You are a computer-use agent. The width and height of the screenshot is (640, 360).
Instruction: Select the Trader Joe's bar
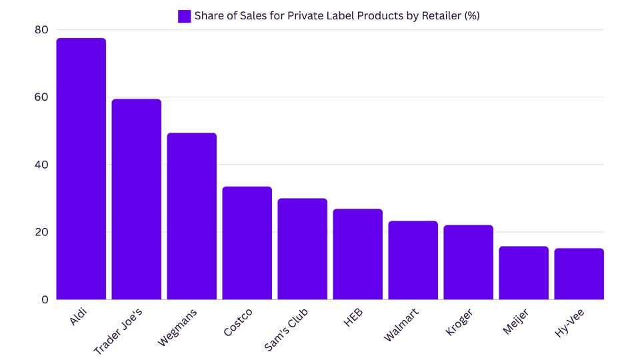(136, 199)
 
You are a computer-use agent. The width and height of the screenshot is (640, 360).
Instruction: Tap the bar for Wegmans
(191, 216)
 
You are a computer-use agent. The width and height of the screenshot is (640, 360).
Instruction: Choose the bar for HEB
(357, 254)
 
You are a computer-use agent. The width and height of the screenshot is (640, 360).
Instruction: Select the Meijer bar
(523, 273)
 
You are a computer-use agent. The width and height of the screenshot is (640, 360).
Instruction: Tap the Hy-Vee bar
(579, 274)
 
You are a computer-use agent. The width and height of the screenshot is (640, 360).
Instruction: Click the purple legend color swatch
(184, 16)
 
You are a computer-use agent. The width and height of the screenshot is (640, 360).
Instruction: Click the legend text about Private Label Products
(337, 16)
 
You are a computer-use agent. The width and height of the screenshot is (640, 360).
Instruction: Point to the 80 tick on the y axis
(41, 29)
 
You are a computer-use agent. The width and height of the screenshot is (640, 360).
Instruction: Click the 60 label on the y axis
(41, 97)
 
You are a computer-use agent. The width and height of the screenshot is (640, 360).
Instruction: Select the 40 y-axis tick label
(41, 165)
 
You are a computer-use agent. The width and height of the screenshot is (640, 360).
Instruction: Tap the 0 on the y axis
(45, 300)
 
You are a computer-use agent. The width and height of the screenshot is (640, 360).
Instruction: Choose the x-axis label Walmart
(401, 325)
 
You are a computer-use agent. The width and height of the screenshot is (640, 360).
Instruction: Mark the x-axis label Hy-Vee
(570, 323)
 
